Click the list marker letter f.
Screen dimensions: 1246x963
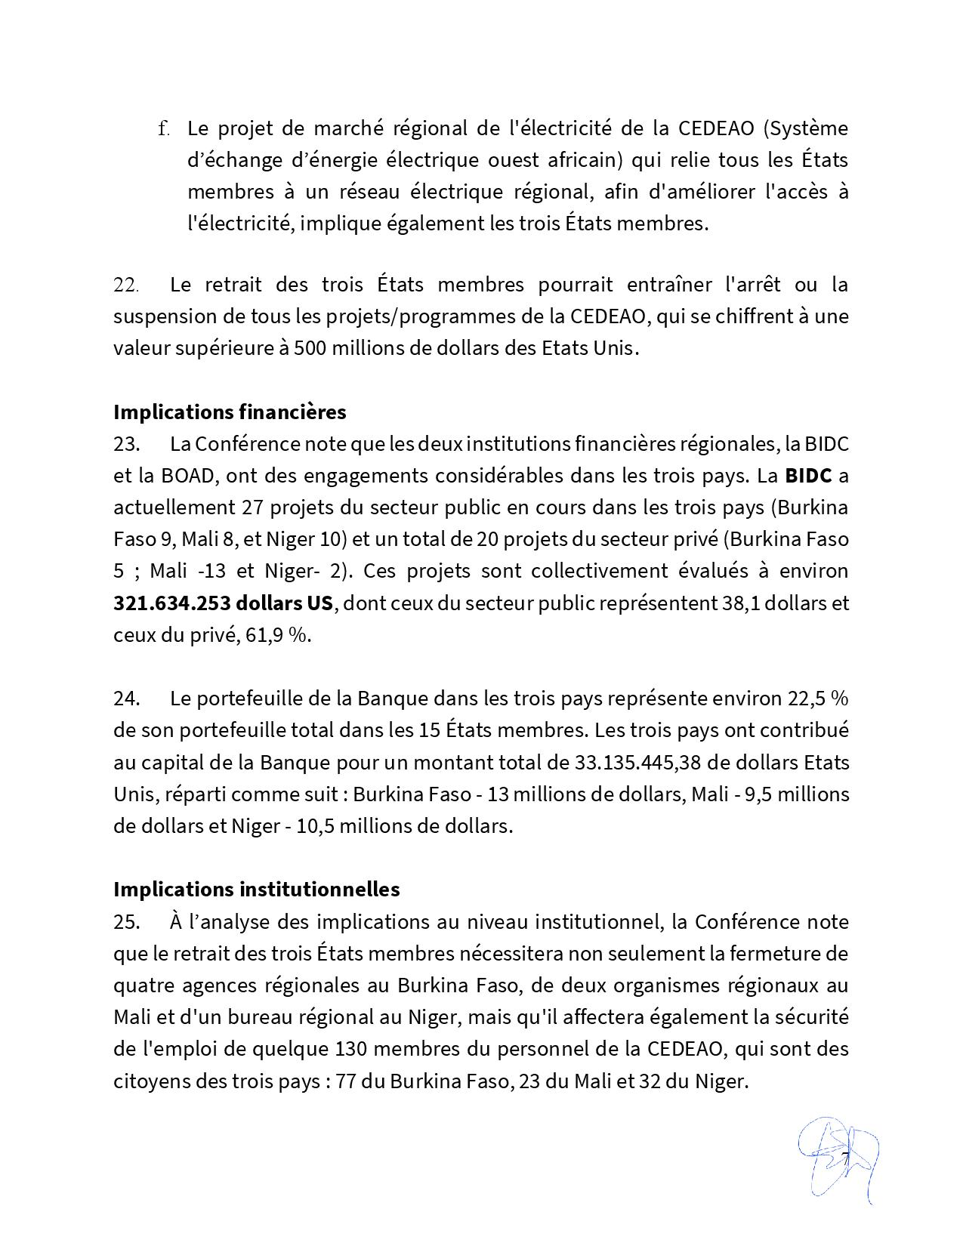point(163,128)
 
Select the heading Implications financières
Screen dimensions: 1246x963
point(230,412)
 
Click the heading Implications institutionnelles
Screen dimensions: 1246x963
point(256,889)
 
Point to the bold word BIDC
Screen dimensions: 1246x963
point(808,476)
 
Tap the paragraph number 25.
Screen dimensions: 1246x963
point(126,921)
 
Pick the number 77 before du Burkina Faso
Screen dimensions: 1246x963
point(346,1081)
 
